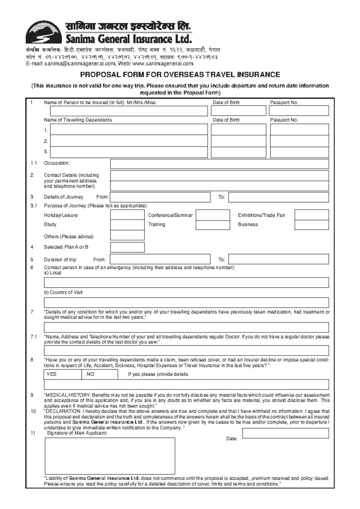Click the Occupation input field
(219, 164)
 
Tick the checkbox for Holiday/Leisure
(127, 215)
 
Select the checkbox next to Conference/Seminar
(213, 215)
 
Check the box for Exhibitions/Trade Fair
(311, 215)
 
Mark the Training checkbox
(213, 225)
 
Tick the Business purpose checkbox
(311, 225)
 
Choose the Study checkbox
(127, 225)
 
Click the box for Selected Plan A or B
(127, 247)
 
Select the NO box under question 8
(100, 374)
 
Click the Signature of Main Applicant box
(110, 456)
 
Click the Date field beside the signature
(285, 433)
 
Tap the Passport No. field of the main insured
(298, 111)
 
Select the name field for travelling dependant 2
(129, 141)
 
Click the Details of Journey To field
(278, 197)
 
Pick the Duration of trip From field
(160, 259)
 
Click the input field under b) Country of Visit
(186, 303)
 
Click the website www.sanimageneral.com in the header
(163, 64)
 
